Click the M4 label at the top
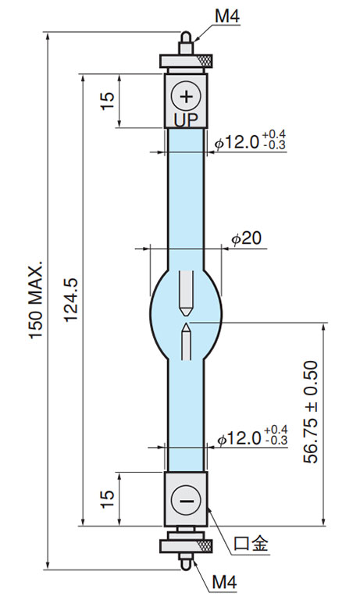227,16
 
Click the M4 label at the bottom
225,582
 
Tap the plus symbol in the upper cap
187,96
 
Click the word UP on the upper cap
187,120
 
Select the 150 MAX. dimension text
36,300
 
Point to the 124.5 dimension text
71,300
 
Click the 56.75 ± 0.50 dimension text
310,412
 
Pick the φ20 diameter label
246,238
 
